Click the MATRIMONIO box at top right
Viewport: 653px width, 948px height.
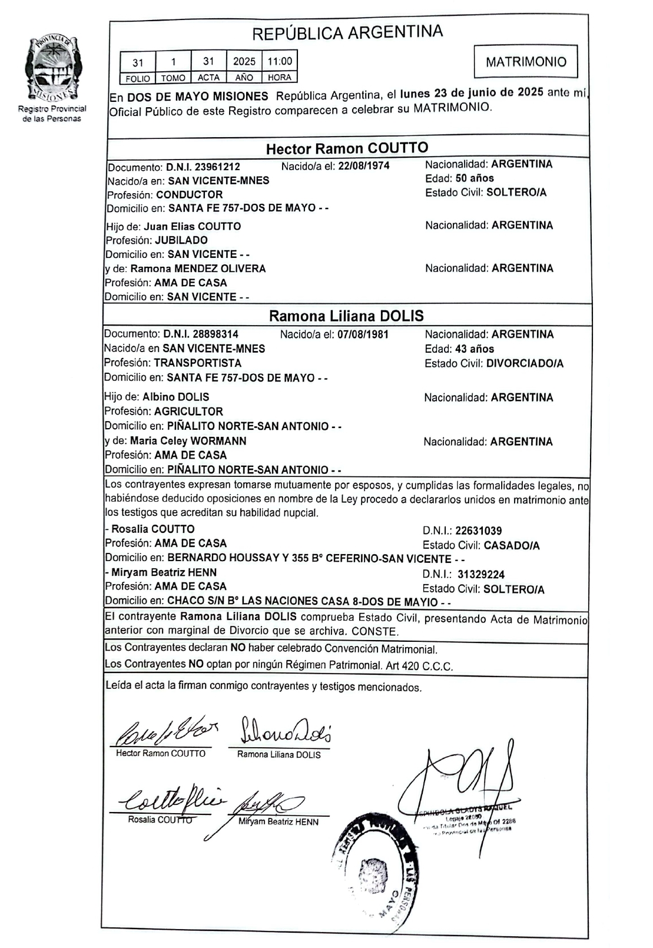[525, 62]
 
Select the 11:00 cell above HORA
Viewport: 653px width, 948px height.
[279, 61]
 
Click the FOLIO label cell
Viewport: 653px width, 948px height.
[138, 78]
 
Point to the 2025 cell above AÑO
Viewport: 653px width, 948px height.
[244, 61]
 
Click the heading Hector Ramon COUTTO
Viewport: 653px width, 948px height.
[347, 148]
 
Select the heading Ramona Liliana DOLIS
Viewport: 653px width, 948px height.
[346, 316]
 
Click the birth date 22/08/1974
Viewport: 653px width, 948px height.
[363, 166]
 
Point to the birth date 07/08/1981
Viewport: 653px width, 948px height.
[363, 334]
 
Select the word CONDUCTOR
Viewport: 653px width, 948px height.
[189, 195]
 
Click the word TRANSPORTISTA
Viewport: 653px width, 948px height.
[197, 363]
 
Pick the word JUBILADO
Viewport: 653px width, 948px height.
[181, 240]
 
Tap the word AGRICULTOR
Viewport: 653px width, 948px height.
[188, 412]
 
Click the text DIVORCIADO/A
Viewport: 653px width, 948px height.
[525, 364]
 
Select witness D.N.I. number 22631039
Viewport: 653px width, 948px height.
[478, 531]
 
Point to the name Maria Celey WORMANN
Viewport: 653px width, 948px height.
[188, 441]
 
